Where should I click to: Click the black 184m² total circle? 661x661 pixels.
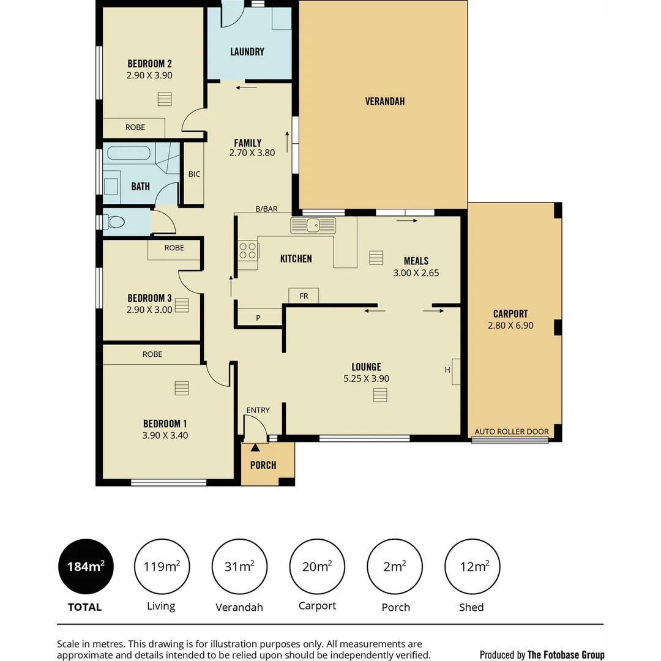pos(85,567)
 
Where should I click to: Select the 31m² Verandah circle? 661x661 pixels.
pos(239,567)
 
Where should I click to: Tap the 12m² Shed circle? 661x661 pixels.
pos(472,567)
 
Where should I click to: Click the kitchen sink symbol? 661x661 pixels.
pos(313,226)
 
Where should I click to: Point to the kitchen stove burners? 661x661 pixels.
pos(248,251)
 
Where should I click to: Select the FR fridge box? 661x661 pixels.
pos(304,296)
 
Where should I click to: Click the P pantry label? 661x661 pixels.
pos(258,318)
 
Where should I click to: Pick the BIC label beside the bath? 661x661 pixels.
pos(194,174)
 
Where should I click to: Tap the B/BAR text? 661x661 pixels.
pos(266,209)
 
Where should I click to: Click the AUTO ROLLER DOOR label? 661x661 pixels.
pos(512,431)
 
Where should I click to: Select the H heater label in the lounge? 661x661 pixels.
pos(447,370)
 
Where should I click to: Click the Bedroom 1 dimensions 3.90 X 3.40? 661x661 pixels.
pos(165,436)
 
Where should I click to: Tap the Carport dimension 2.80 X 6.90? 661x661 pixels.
pos(510,326)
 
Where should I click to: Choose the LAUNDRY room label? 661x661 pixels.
pos(247,52)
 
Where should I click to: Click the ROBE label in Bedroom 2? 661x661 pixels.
pos(135,127)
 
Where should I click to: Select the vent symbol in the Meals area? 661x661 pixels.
pos(376,258)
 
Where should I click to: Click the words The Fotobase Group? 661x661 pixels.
pos(566,655)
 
